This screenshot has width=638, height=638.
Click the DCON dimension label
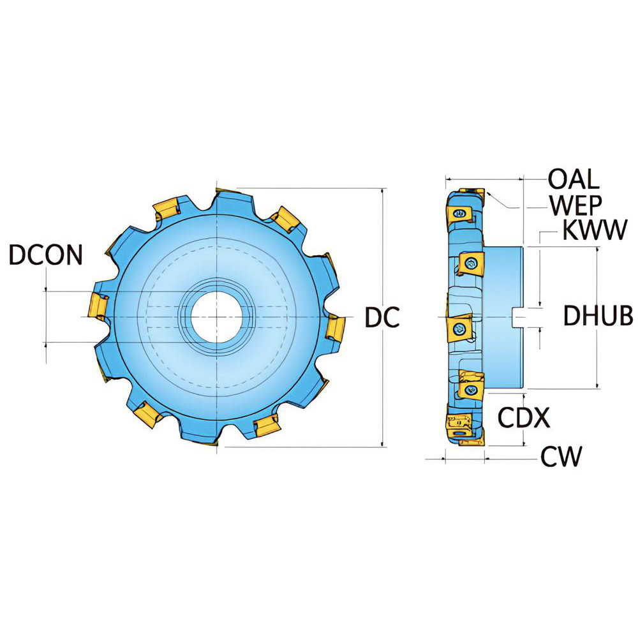[x=46, y=255]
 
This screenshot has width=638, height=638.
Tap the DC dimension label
[x=382, y=317]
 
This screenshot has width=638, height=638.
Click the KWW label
[x=595, y=230]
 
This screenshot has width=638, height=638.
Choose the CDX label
[x=524, y=417]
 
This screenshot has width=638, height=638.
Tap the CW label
[x=561, y=456]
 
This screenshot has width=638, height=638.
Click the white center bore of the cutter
[x=218, y=317]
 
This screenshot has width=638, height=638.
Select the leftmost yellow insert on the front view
[x=98, y=305]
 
